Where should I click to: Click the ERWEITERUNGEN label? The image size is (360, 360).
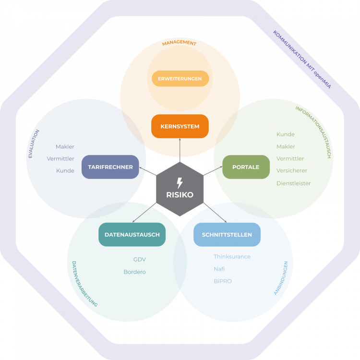180,78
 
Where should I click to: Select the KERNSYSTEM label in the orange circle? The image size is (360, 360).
180,127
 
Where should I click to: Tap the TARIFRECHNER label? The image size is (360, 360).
110,167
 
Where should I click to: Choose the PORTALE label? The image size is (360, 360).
246,167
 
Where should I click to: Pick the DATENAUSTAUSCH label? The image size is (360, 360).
132,235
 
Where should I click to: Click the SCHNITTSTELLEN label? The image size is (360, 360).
227,235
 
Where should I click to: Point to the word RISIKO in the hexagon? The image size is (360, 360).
180,195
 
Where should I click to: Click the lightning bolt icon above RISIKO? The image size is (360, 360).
180,183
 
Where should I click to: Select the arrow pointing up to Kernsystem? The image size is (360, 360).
180,149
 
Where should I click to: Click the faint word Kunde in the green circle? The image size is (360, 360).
285,135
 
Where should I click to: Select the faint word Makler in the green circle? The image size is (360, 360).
286,147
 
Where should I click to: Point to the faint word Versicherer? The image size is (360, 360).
290,159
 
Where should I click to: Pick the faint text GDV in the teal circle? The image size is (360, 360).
140,260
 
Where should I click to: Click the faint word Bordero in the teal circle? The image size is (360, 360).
134,272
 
